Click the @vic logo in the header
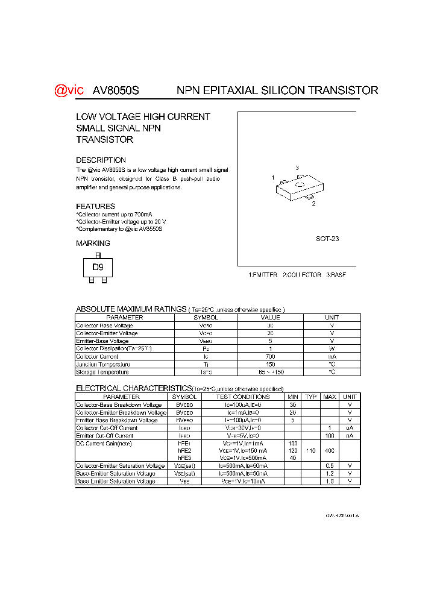point(69,90)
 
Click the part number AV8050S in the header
point(116,90)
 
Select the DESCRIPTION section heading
point(101,160)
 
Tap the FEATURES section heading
point(95,206)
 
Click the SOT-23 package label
point(327,239)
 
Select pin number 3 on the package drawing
point(297,168)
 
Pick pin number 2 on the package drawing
point(313,204)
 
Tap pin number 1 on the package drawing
point(273,178)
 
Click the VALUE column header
point(270,317)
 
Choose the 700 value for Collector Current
point(270,356)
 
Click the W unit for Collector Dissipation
point(332,348)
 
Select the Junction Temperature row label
point(102,364)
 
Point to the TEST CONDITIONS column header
point(244,397)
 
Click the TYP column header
point(311,397)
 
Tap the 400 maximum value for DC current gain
point(330,451)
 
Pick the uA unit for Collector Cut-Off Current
point(350,428)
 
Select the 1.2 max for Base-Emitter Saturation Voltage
point(330,474)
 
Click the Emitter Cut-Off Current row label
point(105,436)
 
